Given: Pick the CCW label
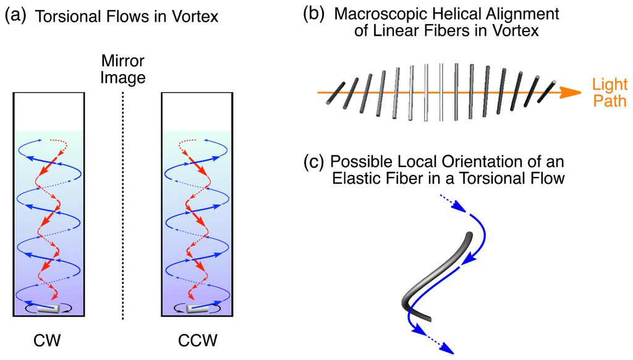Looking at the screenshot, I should click(x=195, y=340).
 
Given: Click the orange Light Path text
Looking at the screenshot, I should click(x=609, y=92).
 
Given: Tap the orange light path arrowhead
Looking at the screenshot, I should click(x=573, y=92).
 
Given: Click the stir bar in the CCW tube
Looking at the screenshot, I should click(x=195, y=308).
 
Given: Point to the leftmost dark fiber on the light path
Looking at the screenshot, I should click(x=335, y=92).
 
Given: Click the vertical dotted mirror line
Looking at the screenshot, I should click(x=124, y=204).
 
